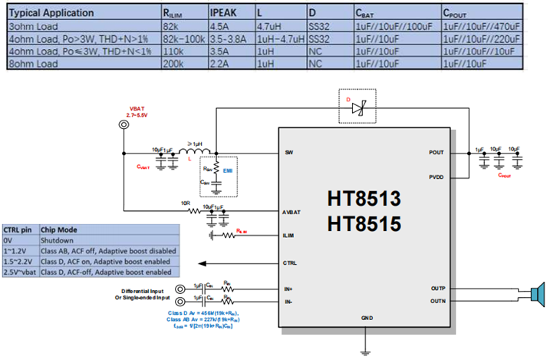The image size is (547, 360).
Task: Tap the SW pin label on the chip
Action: (289, 152)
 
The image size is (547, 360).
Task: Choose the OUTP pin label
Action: (437, 289)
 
